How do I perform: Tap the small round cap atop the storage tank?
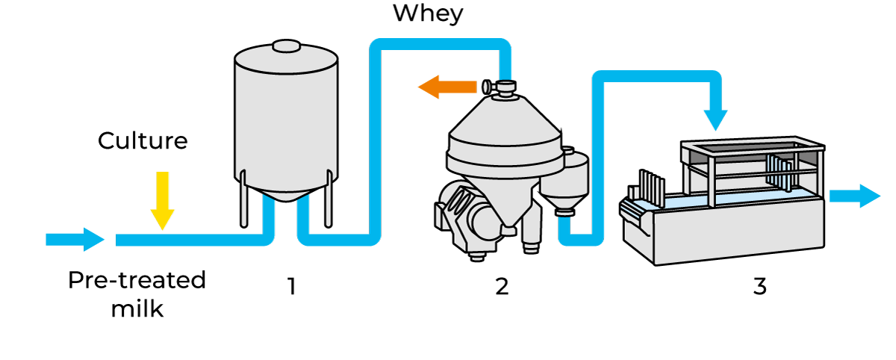coord(286,47)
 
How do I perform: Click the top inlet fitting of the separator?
coord(505,88)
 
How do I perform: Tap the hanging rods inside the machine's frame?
coord(780,173)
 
